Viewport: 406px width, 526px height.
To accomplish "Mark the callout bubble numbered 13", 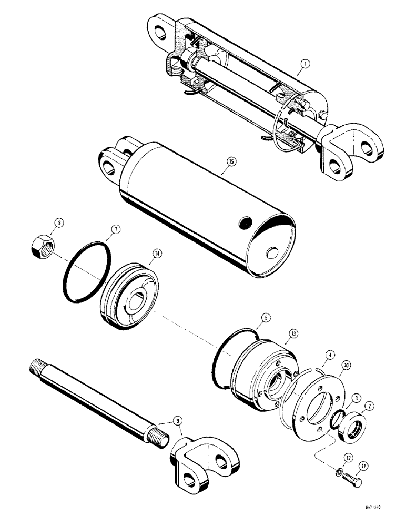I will pos(293,333).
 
